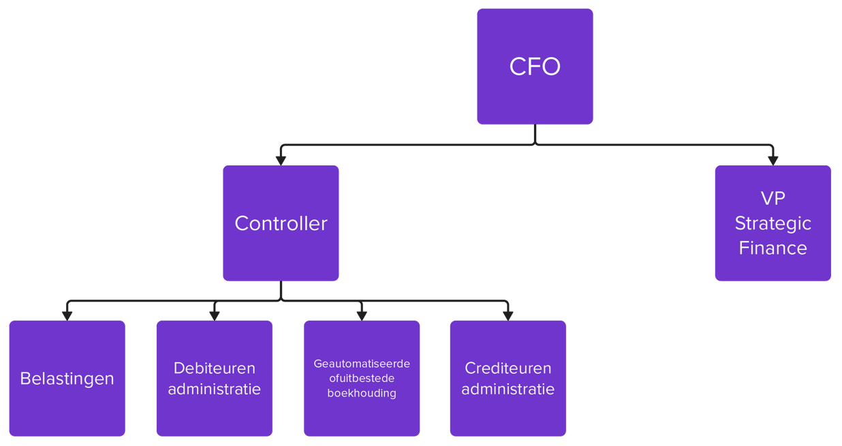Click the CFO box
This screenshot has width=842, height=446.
point(535,66)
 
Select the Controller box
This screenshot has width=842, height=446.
point(281,223)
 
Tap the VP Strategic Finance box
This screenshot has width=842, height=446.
point(773,223)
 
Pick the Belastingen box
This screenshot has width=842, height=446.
point(67,379)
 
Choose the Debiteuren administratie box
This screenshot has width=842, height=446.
point(215,379)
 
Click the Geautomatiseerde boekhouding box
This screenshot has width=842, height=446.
point(362,379)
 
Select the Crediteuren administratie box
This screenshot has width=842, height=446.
point(508,379)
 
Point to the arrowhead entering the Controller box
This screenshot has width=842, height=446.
point(281,160)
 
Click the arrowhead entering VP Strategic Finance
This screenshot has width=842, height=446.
point(773,160)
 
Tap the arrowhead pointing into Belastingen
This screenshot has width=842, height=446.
point(67,315)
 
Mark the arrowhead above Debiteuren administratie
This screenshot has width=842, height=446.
point(215,315)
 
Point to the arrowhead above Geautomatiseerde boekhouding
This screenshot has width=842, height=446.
point(362,315)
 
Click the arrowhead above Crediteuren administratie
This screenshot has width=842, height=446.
point(508,315)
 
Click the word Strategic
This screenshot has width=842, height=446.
point(773,223)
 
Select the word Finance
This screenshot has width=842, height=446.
point(773,248)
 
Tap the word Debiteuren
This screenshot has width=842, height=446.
point(215,368)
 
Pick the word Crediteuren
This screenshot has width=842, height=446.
point(508,368)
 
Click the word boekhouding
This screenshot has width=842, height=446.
point(362,393)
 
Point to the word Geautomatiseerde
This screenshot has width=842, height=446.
point(362,364)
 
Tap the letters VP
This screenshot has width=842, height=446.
point(773,198)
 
